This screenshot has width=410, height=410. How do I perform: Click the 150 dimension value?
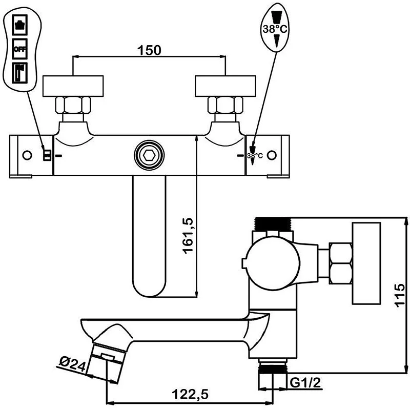pyautogui.click(x=149, y=50)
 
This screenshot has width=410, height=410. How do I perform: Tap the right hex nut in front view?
pyautogui.click(x=225, y=106)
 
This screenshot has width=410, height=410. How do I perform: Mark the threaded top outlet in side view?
pyautogui.click(x=273, y=224)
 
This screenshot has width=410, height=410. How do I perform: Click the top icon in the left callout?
pyautogui.click(x=20, y=25)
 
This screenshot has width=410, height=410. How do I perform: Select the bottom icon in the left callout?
pyautogui.click(x=20, y=73)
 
